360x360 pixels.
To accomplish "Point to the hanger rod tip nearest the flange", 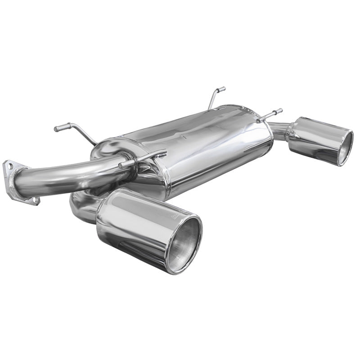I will (57, 129).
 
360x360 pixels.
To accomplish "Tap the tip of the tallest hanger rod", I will (222, 89).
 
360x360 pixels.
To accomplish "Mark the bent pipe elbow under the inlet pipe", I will (81, 205).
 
